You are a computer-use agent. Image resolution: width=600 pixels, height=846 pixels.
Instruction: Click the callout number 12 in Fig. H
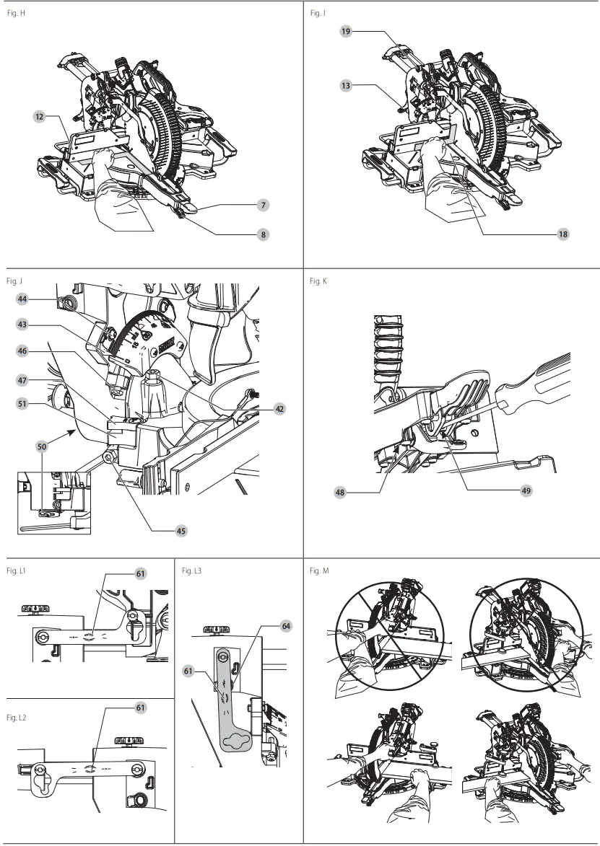tap(39, 115)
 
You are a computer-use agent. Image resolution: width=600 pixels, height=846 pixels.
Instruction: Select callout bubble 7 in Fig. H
tap(264, 206)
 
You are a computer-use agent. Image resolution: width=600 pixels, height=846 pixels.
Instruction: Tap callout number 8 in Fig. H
tap(264, 234)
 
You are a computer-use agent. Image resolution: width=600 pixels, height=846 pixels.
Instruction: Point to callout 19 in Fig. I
tap(346, 32)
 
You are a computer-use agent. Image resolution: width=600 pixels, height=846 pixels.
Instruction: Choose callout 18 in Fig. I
tap(562, 234)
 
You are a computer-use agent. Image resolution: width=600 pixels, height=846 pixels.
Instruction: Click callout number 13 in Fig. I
tap(346, 85)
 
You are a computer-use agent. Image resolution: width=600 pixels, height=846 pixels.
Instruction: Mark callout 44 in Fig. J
tap(22, 297)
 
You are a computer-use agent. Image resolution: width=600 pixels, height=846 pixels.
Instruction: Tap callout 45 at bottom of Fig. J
tap(181, 530)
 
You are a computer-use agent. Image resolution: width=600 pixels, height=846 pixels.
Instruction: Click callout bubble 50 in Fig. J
tap(43, 447)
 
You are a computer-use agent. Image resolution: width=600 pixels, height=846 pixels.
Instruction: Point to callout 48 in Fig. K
tap(339, 493)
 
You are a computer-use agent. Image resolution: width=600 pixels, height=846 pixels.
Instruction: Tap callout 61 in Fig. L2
tap(140, 708)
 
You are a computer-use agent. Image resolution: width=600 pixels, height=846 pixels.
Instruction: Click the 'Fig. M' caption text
tap(319, 571)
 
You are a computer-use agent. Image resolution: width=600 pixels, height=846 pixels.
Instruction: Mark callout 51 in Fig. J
tap(22, 405)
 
